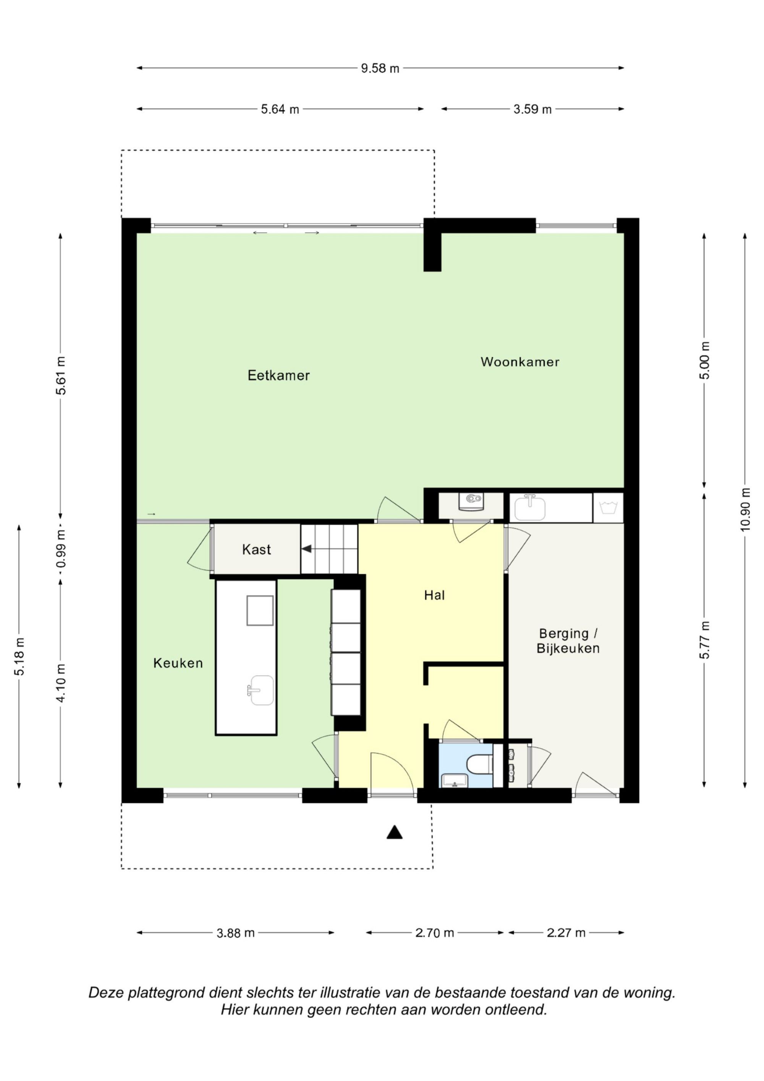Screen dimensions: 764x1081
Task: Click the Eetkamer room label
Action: point(279,375)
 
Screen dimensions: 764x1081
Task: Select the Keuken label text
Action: point(178,663)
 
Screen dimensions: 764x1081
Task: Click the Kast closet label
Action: point(257,549)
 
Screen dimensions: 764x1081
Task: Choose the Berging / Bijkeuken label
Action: point(568,641)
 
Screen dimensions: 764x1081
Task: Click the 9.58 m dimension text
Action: point(380,68)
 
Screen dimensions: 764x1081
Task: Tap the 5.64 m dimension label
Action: point(280,109)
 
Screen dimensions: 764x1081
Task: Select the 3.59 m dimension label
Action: point(533,109)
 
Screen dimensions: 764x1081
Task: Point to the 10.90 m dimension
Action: point(745,509)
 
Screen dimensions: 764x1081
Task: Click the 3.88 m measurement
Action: point(235,933)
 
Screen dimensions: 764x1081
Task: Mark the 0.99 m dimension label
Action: point(61,549)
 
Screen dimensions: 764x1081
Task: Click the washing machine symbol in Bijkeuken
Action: point(608,507)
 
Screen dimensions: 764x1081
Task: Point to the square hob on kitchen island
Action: point(260,610)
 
